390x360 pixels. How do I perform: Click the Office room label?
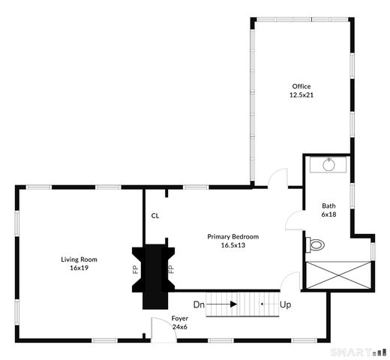(301, 86)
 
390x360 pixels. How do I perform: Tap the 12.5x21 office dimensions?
(301, 95)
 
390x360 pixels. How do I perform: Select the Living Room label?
(79, 259)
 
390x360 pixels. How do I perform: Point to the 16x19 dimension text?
(79, 268)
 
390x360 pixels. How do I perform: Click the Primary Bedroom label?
(232, 237)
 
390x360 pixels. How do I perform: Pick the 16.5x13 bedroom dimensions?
(232, 245)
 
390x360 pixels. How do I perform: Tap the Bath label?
(328, 206)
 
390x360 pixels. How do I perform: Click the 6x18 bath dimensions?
(328, 214)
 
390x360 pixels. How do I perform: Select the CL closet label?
(155, 215)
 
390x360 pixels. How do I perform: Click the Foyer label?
(180, 318)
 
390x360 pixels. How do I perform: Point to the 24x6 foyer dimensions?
(180, 326)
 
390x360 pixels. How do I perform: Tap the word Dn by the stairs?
(199, 304)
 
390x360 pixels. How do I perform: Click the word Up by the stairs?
(285, 305)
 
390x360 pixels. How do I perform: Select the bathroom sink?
(328, 163)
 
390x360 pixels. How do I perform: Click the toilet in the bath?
(316, 244)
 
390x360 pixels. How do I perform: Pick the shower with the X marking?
(338, 274)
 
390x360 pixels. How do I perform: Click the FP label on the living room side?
(136, 268)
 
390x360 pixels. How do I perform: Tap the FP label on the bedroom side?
(171, 268)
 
